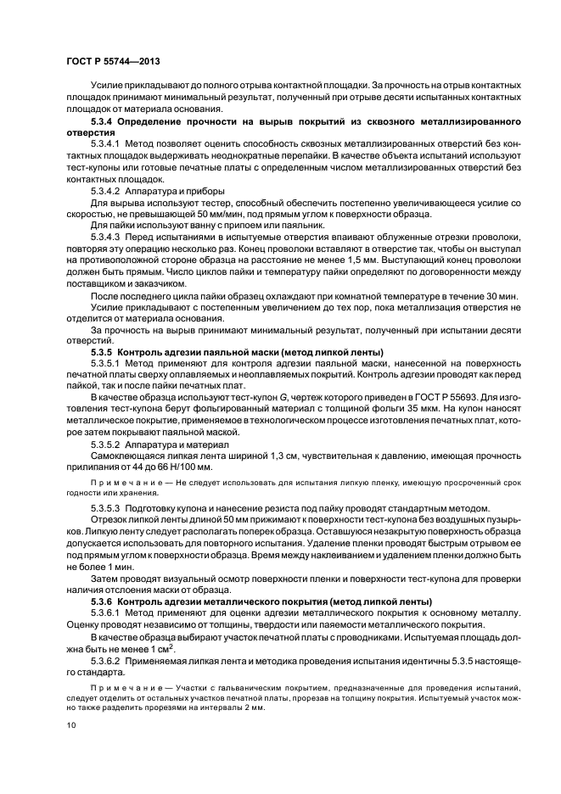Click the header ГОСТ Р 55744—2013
click(x=112, y=62)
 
